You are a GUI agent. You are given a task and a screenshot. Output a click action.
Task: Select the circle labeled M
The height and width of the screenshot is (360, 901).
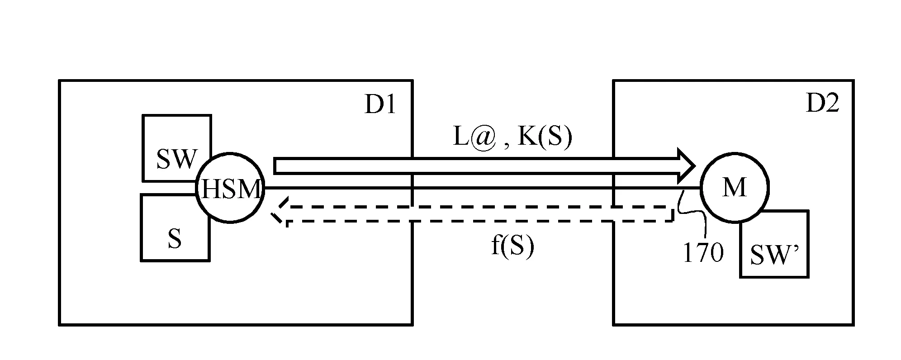pyautogui.click(x=734, y=188)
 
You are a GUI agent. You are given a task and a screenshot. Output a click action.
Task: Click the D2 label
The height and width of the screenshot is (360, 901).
pyautogui.click(x=823, y=104)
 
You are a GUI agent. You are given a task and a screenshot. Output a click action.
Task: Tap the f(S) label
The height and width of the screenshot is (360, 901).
pyautogui.click(x=512, y=247)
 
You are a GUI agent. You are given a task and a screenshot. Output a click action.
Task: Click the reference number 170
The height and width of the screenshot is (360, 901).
pyautogui.click(x=703, y=253)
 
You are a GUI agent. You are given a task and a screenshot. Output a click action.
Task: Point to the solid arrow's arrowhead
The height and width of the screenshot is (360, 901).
pyautogui.click(x=685, y=166)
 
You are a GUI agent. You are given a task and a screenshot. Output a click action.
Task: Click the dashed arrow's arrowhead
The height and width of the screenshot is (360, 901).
pyautogui.click(x=278, y=213)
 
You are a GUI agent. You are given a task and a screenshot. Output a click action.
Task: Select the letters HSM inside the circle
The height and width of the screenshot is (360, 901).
pyautogui.click(x=231, y=189)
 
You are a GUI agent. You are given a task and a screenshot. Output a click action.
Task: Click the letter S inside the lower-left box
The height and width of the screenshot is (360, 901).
pyautogui.click(x=175, y=238)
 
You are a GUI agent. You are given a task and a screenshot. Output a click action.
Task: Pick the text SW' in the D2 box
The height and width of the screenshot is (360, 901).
pyautogui.click(x=774, y=256)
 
